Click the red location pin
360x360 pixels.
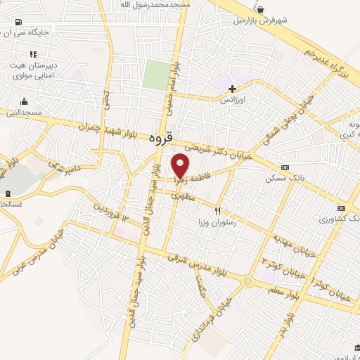(x=181, y=165)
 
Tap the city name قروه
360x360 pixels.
(x=161, y=140)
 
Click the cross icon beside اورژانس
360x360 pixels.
(x=232, y=89)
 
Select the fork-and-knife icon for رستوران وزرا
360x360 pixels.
(x=218, y=210)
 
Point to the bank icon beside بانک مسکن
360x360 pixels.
(x=285, y=167)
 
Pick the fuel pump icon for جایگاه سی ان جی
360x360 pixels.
(x=18, y=22)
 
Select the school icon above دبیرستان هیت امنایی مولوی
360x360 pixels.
(x=32, y=54)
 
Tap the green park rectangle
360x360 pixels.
(x=156, y=74)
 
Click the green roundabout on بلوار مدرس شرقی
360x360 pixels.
(x=247, y=281)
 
